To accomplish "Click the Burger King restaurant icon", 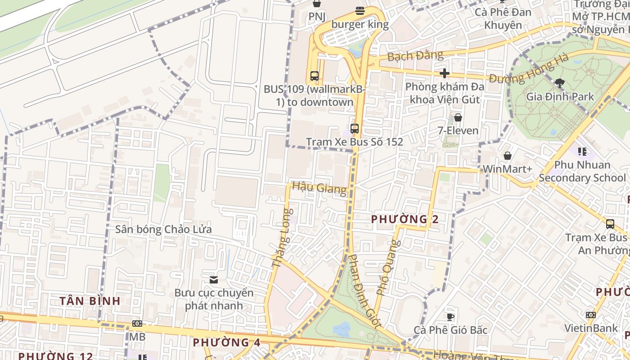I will click(360, 11).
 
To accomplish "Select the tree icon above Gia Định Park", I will click(560, 83).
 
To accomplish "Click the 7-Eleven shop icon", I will click(458, 117).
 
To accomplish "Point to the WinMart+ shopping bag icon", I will click(508, 156).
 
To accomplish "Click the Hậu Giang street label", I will click(319, 188).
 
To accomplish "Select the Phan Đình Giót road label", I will click(365, 291).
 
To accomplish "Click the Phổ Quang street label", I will click(388, 267).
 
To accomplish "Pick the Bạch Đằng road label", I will click(415, 56).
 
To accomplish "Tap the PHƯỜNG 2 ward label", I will click(405, 220).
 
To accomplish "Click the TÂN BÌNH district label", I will click(90, 301).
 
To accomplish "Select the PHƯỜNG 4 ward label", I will click(226, 342).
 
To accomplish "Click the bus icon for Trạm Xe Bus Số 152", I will click(355, 128).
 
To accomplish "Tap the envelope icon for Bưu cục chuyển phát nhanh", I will click(214, 280).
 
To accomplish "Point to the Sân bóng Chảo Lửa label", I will click(163, 229).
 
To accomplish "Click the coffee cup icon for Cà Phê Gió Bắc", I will click(450, 317).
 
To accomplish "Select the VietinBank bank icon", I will click(591, 315).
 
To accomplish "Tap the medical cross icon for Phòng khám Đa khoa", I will click(445, 73).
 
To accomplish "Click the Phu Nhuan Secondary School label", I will click(582, 171).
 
